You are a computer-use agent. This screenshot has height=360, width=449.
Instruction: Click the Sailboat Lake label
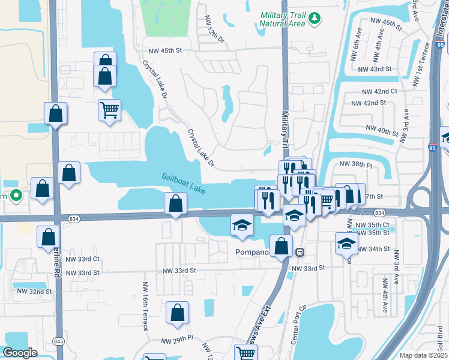tap(184, 183)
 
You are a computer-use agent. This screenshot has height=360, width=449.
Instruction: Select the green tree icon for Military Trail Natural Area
tap(314, 20)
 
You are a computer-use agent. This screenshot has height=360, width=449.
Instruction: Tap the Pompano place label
tap(251, 252)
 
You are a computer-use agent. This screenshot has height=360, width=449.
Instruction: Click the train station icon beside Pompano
tap(299, 252)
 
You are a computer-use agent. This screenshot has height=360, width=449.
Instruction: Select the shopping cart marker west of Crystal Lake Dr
tap(109, 110)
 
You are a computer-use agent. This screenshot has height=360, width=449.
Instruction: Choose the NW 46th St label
tap(385, 22)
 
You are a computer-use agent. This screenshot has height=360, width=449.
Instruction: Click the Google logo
tap(20, 353)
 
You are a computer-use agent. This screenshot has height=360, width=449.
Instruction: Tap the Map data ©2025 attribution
tap(422, 355)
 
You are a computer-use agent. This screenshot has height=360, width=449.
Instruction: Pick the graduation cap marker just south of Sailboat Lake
tap(241, 226)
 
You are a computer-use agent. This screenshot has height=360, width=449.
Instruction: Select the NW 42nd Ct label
tap(379, 91)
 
